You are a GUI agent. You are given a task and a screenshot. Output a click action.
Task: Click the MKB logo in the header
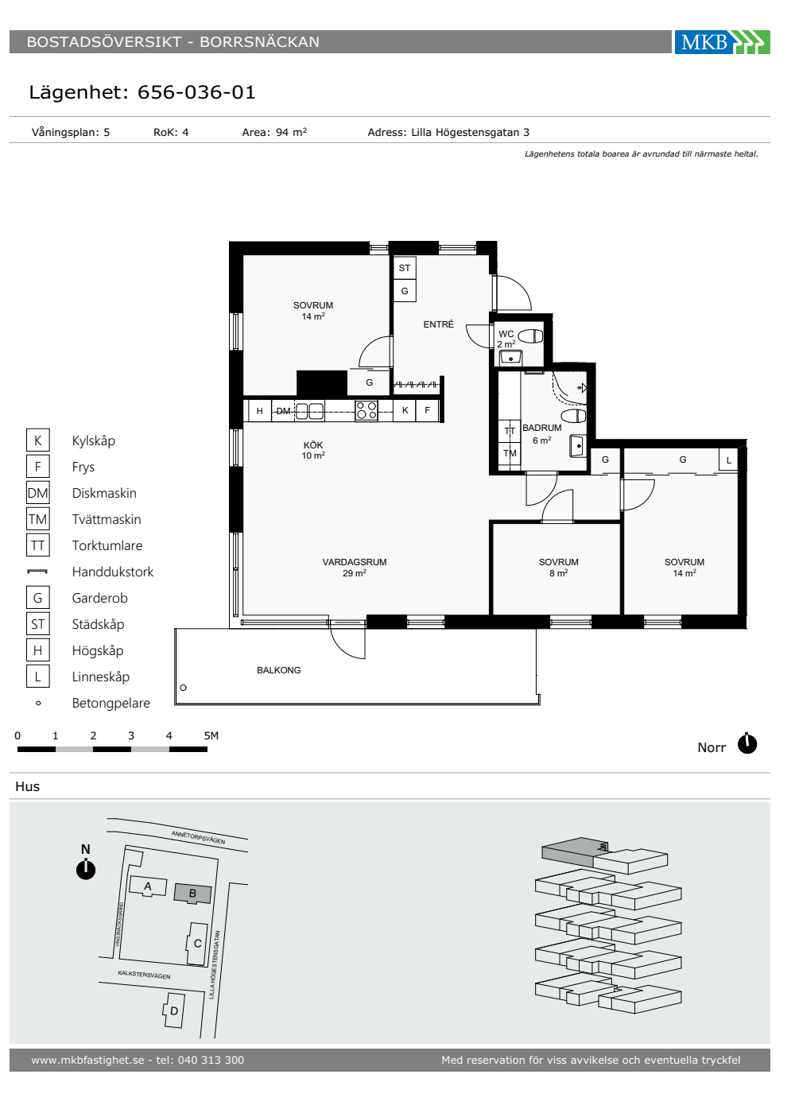coord(722,42)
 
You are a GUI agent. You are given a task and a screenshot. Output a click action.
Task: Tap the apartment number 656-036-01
coord(196,92)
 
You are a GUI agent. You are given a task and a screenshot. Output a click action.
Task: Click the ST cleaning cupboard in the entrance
coord(405,269)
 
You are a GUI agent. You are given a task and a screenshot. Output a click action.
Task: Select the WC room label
coord(506,334)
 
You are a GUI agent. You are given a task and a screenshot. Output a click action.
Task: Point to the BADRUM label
coord(541,428)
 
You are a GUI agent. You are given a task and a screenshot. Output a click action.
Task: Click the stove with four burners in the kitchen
coord(366,411)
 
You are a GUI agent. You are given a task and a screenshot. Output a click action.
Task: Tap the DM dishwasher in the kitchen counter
coord(283,411)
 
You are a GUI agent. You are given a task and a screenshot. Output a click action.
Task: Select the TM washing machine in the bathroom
coord(510,453)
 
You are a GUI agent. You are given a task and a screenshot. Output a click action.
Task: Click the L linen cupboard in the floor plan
coord(728,460)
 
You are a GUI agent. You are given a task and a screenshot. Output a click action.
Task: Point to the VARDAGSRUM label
coord(355,562)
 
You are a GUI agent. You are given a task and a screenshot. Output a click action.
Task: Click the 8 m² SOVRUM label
coord(558,568)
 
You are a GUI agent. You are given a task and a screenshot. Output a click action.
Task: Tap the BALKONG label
coord(279,670)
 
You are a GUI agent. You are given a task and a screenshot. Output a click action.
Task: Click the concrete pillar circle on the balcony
coord(184,688)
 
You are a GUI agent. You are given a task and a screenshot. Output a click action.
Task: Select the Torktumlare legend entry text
coord(107,545)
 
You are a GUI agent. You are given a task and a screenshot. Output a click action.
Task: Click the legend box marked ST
coord(38,624)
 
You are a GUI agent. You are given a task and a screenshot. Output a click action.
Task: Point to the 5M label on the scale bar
coord(211,735)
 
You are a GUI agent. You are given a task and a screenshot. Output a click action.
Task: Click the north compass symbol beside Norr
coord(747,744)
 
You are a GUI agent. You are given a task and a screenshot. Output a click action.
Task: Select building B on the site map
coord(192,893)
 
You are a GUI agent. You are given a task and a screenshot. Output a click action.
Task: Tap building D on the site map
coord(173,1010)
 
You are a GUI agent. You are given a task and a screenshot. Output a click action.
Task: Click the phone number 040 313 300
coord(211,1060)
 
